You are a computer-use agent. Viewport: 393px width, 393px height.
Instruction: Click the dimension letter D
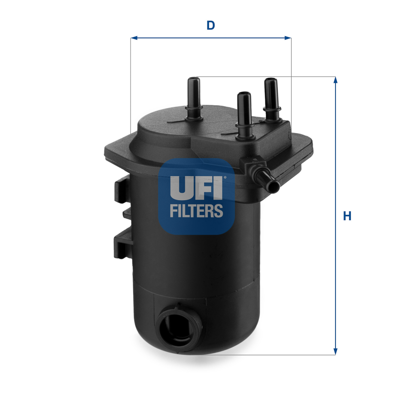[210, 25]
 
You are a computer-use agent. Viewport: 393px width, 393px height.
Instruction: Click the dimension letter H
[347, 216]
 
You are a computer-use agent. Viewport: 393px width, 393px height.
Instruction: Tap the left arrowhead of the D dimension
[134, 38]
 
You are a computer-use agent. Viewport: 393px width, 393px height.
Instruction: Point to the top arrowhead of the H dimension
[335, 80]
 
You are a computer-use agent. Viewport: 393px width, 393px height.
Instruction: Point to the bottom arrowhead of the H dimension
[335, 352]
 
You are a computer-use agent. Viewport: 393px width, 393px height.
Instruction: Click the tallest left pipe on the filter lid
[193, 97]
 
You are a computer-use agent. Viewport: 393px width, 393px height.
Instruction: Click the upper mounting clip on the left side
[122, 189]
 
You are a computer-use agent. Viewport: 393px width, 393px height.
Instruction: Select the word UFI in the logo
[196, 187]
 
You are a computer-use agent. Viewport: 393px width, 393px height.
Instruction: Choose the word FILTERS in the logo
[196, 211]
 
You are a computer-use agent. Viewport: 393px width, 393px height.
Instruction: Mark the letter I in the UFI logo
[218, 187]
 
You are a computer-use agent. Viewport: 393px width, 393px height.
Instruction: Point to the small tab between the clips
[127, 213]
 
